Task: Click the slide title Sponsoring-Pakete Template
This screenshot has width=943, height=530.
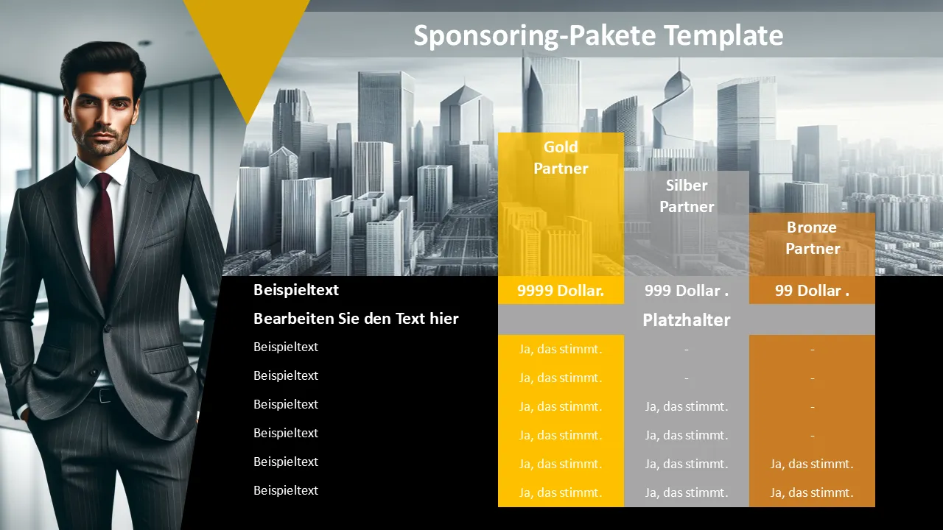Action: point(598,35)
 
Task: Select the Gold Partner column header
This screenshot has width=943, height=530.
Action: point(561,158)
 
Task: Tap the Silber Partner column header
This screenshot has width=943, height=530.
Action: point(687,196)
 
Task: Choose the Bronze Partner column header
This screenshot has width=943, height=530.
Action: point(813,238)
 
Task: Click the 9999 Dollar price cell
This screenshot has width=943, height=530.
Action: point(561,290)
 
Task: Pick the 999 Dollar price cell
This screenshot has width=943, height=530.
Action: point(687,291)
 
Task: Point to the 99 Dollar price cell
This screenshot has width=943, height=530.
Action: point(812,291)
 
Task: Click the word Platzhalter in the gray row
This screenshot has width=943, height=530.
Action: point(687,320)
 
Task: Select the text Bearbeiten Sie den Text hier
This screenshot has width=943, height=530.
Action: point(356,319)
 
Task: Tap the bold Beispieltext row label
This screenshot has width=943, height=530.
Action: point(296,290)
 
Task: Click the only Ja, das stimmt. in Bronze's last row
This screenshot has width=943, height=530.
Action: point(812,492)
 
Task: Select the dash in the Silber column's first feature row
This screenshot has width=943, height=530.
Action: point(687,350)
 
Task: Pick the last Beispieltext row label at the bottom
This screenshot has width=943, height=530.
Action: point(286,490)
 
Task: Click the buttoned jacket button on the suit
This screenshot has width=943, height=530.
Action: point(108,328)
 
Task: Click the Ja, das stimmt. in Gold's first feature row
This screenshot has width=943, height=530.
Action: point(561,349)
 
